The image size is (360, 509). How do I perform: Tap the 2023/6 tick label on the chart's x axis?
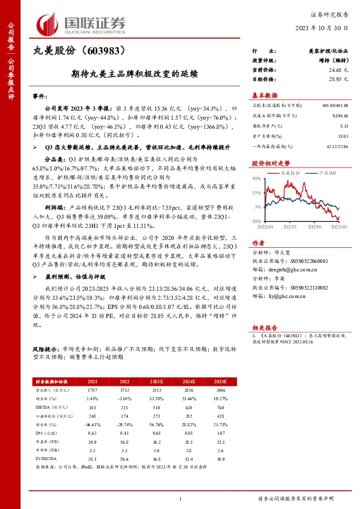315,227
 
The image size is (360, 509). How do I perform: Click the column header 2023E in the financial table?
157,381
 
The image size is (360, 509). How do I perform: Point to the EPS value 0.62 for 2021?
93,433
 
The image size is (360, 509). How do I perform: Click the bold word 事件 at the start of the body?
39,96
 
